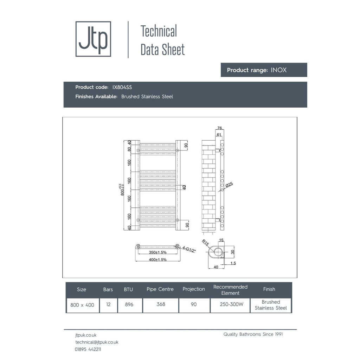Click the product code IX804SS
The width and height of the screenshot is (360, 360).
(122, 87)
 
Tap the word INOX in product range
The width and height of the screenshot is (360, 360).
(278, 70)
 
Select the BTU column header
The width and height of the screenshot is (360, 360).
(128, 290)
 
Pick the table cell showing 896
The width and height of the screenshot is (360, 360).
(129, 305)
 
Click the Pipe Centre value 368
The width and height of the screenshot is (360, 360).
(161, 304)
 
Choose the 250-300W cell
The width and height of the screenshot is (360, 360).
(231, 304)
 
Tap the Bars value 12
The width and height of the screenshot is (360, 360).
(108, 304)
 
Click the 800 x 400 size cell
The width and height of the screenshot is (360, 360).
(82, 305)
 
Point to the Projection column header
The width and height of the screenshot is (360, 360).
(194, 289)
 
